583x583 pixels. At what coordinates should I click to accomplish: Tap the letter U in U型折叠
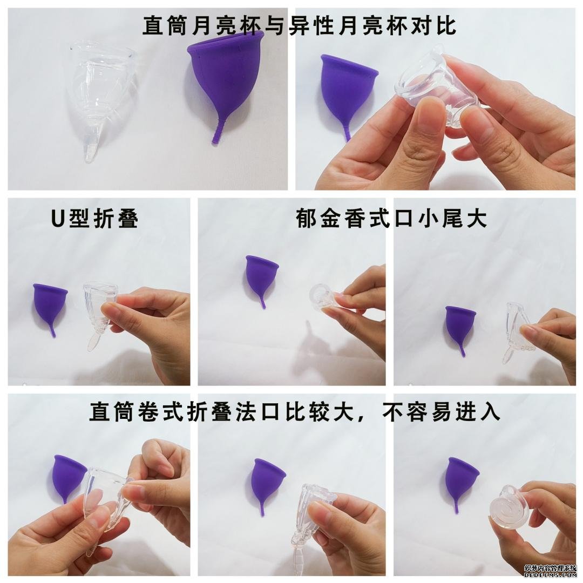point(58,218)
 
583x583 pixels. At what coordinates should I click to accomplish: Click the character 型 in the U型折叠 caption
point(78,218)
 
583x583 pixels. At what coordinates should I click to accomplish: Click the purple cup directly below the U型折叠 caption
point(51,305)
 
